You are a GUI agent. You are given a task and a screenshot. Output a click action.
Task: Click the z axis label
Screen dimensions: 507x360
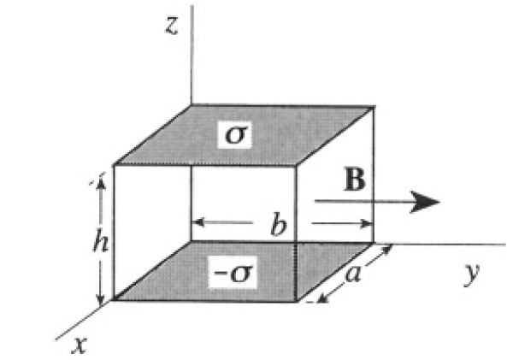click(172, 26)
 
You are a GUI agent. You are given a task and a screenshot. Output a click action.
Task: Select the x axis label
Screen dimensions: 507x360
click(80, 345)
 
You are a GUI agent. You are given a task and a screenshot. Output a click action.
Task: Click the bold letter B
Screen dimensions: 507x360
click(355, 180)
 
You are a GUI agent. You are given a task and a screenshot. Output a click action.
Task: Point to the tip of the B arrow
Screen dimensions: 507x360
click(439, 202)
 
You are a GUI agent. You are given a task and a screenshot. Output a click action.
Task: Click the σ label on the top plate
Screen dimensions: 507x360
click(235, 134)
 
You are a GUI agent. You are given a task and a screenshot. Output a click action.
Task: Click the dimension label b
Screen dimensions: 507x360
click(279, 223)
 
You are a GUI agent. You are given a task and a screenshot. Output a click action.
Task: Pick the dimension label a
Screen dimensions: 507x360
click(352, 274)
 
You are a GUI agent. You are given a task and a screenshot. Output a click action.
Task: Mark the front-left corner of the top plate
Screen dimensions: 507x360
click(114, 165)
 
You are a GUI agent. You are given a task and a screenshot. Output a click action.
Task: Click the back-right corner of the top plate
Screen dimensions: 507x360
click(374, 106)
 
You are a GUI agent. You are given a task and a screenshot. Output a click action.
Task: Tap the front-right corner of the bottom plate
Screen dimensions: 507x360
click(297, 302)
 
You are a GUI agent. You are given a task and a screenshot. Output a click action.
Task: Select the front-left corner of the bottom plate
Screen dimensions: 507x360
click(114, 300)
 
